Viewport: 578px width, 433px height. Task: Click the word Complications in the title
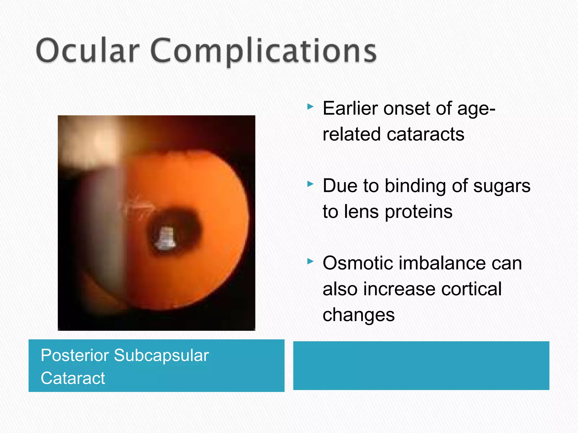tap(264, 51)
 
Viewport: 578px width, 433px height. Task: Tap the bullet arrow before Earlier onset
tap(310, 107)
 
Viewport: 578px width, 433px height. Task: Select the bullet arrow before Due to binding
tap(310, 184)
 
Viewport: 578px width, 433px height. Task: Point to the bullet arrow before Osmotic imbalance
tap(310, 261)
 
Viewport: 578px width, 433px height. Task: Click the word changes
tap(358, 315)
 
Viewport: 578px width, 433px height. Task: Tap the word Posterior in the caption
tap(75, 355)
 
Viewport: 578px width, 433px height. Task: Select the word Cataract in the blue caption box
tap(73, 378)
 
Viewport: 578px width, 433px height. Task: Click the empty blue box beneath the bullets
tap(421, 366)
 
